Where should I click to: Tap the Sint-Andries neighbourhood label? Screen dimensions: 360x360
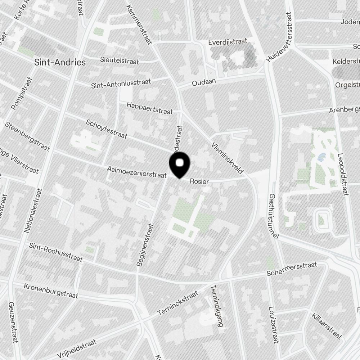tap(60, 62)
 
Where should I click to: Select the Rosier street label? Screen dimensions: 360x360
tap(199, 181)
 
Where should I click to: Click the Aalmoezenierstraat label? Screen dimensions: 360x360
tap(136, 172)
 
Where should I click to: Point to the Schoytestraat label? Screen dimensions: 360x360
tap(107, 129)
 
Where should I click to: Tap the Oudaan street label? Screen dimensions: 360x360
tap(204, 82)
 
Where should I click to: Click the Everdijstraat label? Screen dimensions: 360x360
tap(228, 42)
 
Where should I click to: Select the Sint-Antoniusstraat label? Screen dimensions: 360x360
tap(121, 84)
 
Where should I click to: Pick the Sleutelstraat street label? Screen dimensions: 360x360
tap(120, 60)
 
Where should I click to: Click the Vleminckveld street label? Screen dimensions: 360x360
tap(228, 157)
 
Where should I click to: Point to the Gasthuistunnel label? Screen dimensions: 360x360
tap(274, 216)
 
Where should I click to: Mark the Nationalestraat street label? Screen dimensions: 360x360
tap(33, 211)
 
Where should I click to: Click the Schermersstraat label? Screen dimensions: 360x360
tap(292, 269)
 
